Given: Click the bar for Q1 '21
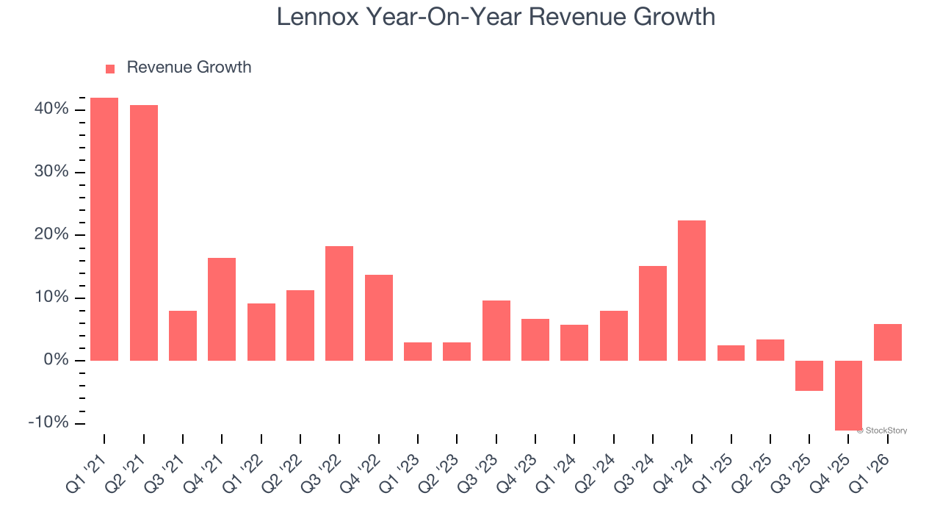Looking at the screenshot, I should tap(104, 229).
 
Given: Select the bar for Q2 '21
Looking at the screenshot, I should tap(144, 233).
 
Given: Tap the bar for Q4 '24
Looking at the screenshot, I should tap(692, 290).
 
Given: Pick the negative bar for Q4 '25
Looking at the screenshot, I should tap(848, 395).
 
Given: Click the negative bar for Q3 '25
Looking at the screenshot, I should tap(809, 375).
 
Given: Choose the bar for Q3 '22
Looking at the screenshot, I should tap(339, 303).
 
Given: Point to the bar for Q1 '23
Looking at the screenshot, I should tap(418, 351).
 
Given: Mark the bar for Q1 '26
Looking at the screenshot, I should tap(888, 342).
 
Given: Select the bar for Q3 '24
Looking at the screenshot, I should tap(653, 313).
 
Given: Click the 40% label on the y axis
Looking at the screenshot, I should tap(51, 109).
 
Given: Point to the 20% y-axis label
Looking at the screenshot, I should tap(51, 235).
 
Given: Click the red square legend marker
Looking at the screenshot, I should tap(110, 68).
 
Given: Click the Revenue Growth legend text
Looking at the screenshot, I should tap(189, 68).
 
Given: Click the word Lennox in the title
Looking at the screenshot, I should tap(318, 16).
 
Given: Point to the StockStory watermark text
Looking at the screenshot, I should tap(884, 431).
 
